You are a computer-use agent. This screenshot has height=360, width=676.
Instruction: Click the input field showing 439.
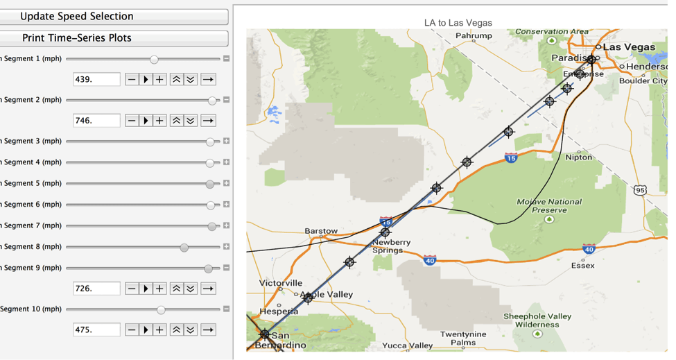coord(96,80)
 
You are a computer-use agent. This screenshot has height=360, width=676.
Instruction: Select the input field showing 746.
coord(96,121)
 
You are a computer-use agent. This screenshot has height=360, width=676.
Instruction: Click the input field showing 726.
coord(96,289)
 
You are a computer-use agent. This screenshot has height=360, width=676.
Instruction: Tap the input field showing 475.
coord(96,330)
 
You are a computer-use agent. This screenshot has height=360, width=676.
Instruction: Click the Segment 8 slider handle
coord(184,247)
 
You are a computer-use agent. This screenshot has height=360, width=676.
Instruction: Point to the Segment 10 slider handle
coord(161,309)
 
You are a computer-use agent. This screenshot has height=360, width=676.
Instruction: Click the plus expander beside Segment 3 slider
coord(226,141)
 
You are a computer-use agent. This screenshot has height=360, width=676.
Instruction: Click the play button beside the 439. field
coord(146,80)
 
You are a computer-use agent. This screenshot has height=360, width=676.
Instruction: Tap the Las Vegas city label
coord(629,47)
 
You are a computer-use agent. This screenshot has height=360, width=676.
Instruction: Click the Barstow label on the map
coord(321,231)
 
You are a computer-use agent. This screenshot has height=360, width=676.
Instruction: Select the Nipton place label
coord(579,157)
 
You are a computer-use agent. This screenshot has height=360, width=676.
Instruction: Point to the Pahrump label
coord(474,36)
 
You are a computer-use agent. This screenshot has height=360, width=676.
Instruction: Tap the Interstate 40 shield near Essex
coord(589,249)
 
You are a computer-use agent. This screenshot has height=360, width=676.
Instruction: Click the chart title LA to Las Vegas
coord(458,23)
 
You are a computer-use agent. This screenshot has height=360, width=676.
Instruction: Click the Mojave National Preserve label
coord(549,205)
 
